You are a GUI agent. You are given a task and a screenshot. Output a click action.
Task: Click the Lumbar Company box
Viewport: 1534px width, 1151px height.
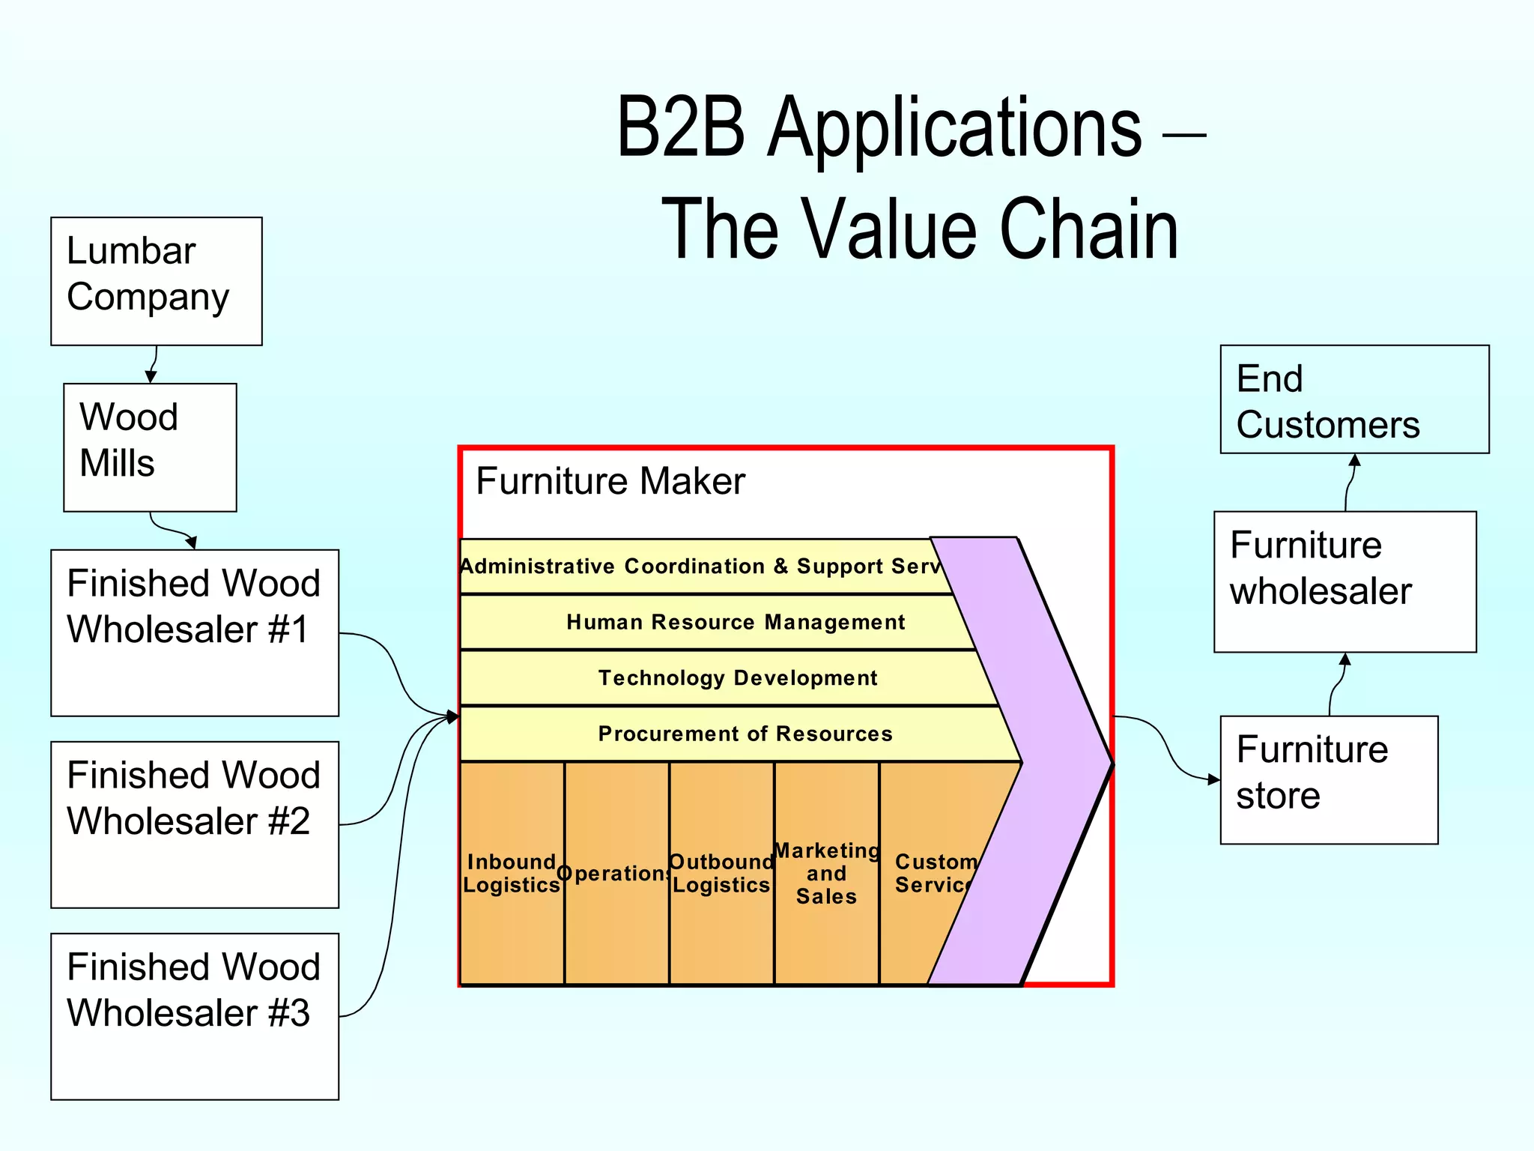coord(156,281)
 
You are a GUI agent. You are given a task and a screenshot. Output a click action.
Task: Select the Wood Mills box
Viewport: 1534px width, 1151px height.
coord(150,447)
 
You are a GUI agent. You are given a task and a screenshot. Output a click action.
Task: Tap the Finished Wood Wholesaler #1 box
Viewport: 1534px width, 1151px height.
coord(195,632)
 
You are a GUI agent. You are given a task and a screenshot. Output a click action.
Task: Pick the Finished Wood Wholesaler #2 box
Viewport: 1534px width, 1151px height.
coord(195,824)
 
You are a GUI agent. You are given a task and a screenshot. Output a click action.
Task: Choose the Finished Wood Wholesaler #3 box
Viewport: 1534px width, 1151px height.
coord(195,1016)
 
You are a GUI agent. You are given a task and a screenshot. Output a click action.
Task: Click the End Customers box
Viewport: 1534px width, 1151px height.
coord(1354,399)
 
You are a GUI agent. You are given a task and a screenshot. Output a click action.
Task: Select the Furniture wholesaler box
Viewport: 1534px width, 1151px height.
coord(1344,581)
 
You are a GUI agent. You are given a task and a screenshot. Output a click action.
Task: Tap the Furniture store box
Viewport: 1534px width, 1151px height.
coord(1329,779)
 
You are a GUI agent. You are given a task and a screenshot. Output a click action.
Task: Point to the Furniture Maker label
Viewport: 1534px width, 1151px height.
coord(610,481)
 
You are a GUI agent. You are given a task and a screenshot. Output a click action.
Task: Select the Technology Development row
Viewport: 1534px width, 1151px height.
coord(737,678)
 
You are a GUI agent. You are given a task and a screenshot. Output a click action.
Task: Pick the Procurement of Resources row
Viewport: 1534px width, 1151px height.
coord(745,734)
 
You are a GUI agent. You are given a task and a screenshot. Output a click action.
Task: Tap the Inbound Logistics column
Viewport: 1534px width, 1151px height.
coord(512,873)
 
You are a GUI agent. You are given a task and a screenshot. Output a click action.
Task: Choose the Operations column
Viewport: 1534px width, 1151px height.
coord(616,873)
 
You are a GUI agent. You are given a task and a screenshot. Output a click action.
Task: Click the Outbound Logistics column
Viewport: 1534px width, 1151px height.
coord(721,873)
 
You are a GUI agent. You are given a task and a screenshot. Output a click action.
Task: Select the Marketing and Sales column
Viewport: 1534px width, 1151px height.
coord(826,873)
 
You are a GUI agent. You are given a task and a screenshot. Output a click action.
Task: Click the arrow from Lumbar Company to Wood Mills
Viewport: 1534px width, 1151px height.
coord(154,364)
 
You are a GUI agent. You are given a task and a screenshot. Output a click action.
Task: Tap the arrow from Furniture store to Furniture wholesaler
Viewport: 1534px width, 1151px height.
coord(1339,683)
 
